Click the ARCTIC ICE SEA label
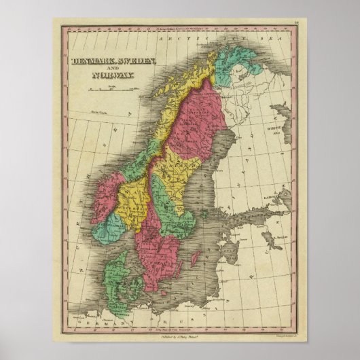point(204,41)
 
